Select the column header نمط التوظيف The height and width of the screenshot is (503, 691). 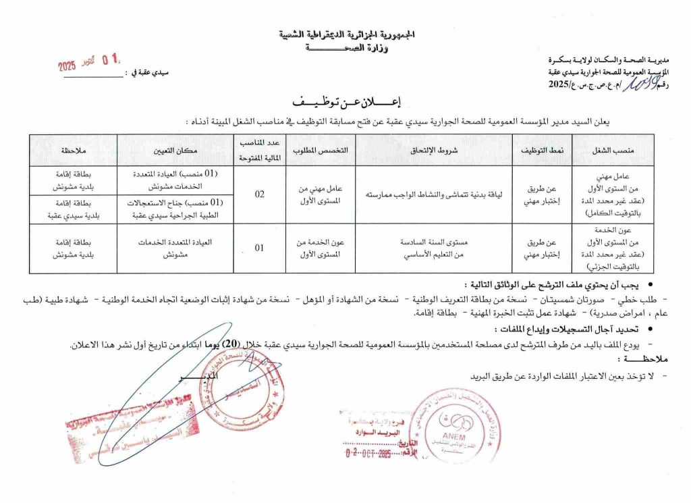(x=543, y=150)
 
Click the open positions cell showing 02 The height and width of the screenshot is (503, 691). (x=259, y=194)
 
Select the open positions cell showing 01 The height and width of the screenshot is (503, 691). (x=259, y=248)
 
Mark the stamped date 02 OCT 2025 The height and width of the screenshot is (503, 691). (x=368, y=452)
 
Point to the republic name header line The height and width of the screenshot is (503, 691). (x=347, y=34)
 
